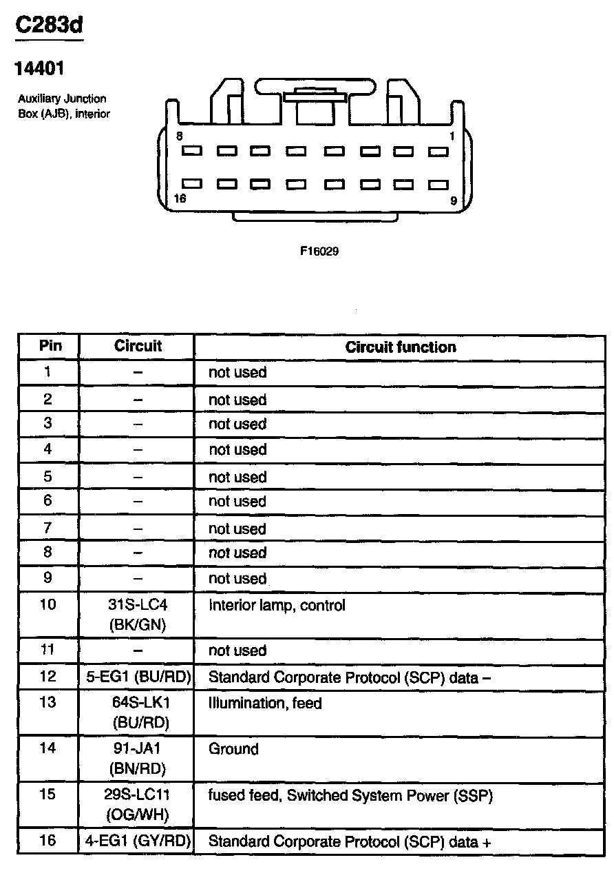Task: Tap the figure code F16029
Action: point(319,252)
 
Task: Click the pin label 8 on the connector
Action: point(180,136)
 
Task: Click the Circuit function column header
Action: point(401,347)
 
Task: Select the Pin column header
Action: point(48,346)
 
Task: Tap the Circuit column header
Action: point(138,346)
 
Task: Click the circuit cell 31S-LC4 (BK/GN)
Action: point(138,615)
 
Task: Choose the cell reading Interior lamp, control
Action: point(277,606)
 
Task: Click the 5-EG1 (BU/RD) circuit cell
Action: point(138,677)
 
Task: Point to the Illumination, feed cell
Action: point(265,704)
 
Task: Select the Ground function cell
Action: point(233,749)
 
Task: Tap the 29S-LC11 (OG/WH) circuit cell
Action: point(138,805)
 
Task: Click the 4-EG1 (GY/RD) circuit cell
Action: point(138,841)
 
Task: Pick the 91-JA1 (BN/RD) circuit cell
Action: point(138,758)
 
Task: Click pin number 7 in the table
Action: point(47,529)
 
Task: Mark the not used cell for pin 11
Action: point(237,650)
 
